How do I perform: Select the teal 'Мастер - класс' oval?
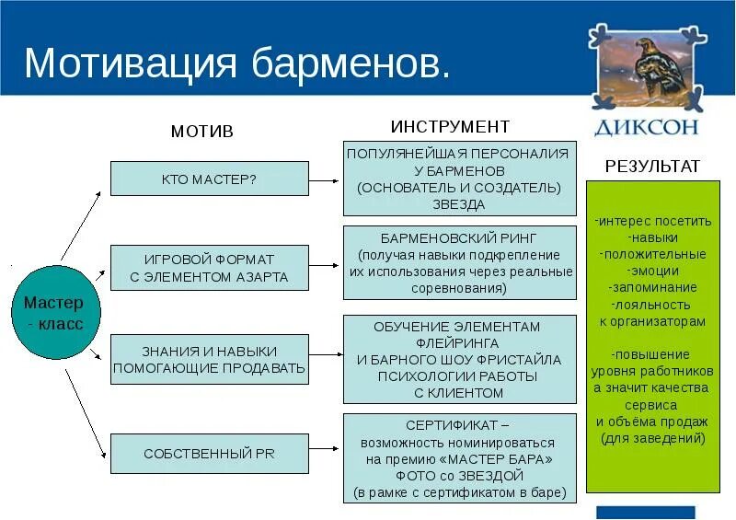52,313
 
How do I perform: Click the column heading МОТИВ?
202,132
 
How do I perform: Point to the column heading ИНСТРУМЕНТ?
450,126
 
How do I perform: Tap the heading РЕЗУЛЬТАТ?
653,167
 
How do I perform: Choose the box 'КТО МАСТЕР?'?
209,179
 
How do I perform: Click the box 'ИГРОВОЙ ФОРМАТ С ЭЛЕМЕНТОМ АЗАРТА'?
209,268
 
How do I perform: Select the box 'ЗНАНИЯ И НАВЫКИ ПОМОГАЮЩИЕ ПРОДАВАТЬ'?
209,359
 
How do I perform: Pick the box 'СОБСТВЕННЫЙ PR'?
209,454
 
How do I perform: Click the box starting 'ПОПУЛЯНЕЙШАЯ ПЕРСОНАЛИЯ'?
459,179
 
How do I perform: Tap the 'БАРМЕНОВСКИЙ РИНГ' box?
459,262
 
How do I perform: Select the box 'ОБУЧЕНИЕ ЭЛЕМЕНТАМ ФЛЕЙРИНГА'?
459,359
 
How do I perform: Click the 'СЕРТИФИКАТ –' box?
459,458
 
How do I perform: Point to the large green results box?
652,336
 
